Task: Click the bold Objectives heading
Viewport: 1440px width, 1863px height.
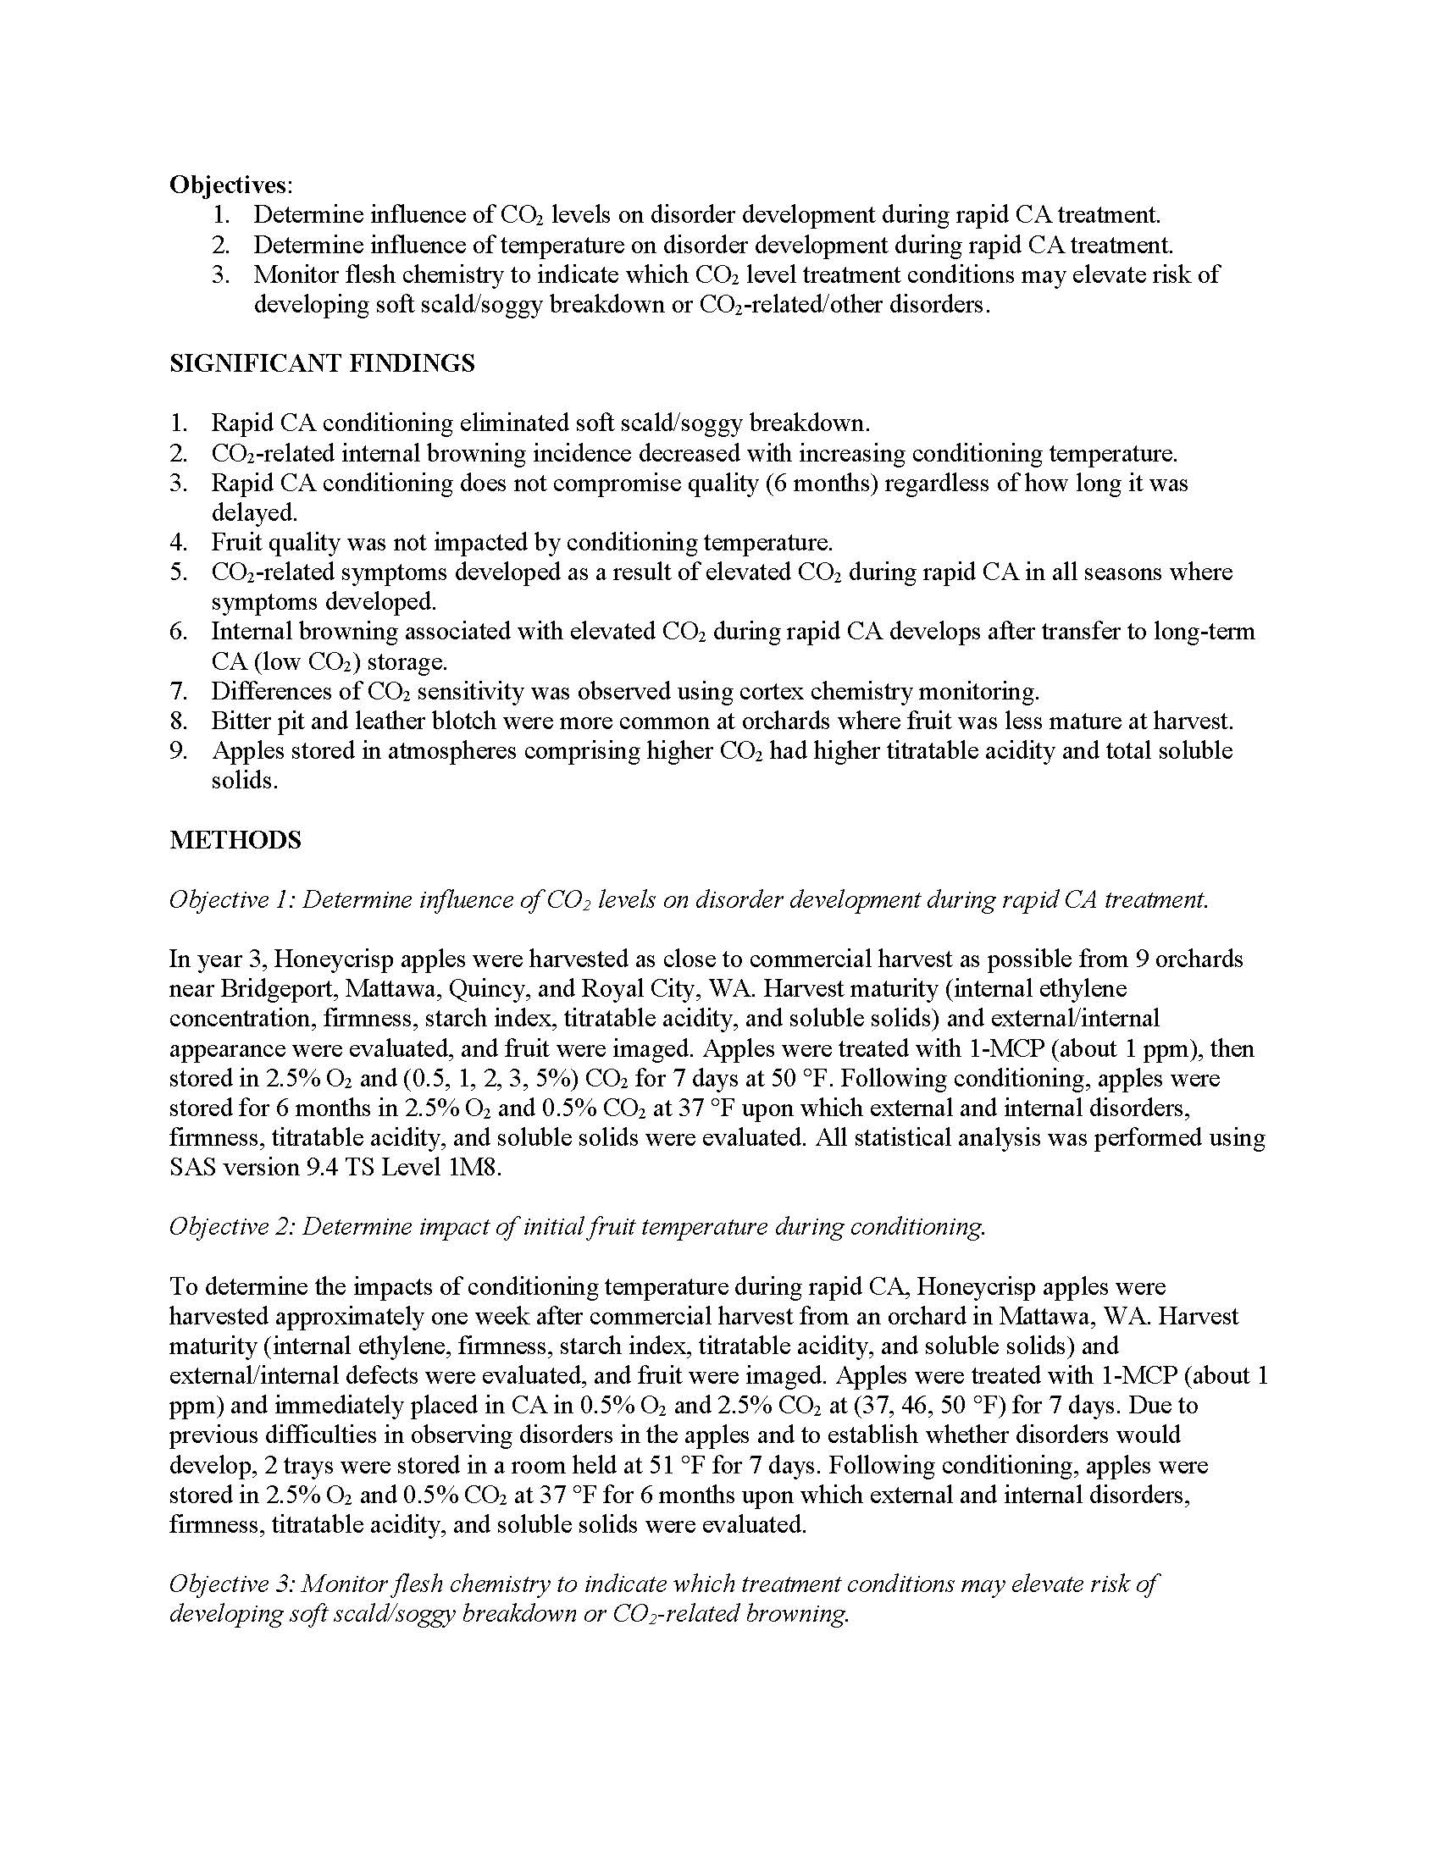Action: click(x=229, y=185)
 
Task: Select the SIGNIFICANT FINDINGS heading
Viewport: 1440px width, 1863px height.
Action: click(x=322, y=363)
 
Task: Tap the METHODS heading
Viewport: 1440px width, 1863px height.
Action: click(x=235, y=840)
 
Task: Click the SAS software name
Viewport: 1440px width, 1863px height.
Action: click(x=192, y=1168)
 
